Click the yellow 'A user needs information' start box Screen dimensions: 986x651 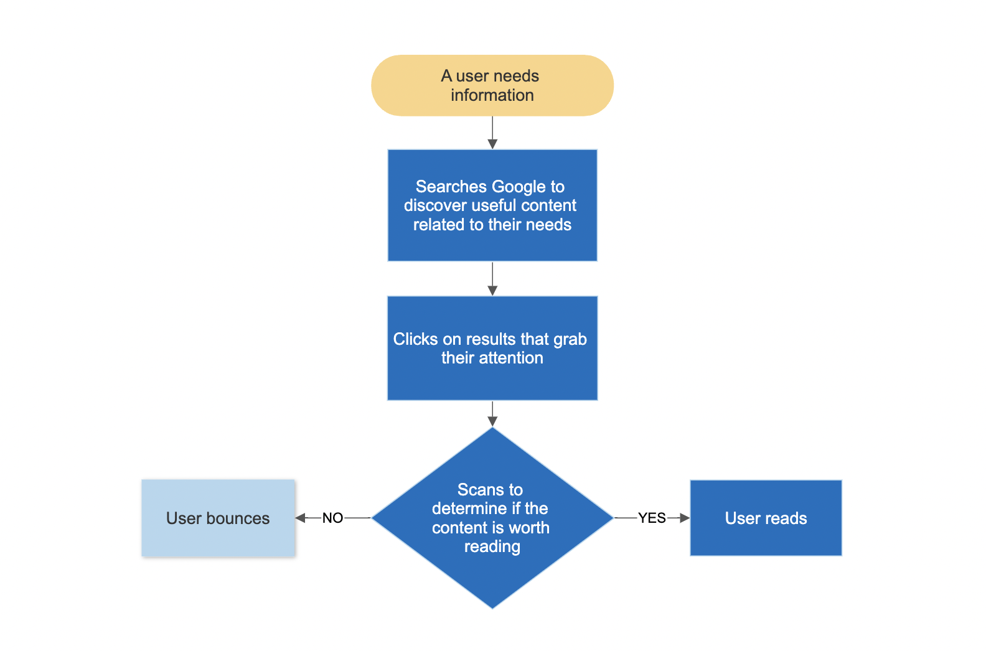click(492, 85)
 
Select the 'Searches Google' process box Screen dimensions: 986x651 click(492, 205)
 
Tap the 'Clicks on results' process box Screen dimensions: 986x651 click(492, 348)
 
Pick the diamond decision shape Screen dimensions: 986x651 click(492, 518)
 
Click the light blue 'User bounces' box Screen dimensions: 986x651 click(218, 518)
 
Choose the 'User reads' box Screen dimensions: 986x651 click(766, 518)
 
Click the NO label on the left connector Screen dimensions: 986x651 click(332, 518)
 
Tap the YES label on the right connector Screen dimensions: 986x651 click(652, 518)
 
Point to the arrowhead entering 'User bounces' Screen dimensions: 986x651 click(300, 518)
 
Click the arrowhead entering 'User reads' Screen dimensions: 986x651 click(685, 518)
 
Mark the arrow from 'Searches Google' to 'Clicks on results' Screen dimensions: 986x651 click(492, 279)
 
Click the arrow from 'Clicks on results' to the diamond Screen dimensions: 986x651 click(492, 414)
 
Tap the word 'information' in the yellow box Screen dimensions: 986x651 click(492, 95)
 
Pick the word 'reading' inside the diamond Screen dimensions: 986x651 click(492, 547)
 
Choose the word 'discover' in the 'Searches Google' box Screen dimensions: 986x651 click(434, 205)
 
